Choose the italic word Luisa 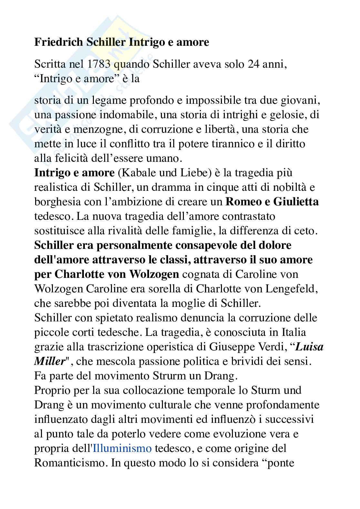(x=309, y=347)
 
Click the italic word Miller (x=50, y=361)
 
